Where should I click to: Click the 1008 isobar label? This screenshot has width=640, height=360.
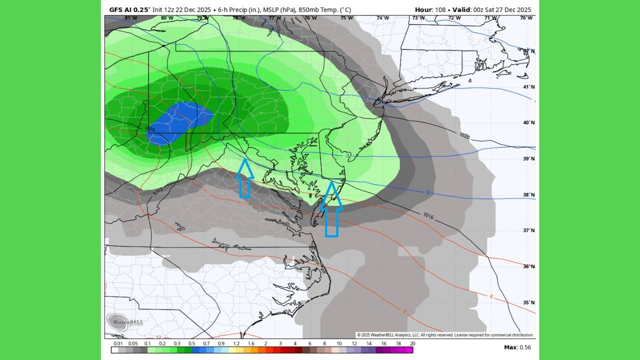point(150,129)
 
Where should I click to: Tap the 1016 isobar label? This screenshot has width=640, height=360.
point(428,215)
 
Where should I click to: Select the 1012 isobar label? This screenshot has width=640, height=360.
point(157,191)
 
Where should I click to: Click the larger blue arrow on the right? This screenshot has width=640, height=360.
point(331,210)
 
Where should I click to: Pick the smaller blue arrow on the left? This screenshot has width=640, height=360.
point(244,178)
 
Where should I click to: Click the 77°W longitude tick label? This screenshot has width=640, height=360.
point(274,18)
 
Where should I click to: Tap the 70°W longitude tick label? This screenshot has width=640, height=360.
point(525,18)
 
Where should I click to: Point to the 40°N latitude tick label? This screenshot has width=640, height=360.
point(528,123)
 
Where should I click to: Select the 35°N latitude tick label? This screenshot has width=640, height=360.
point(528,302)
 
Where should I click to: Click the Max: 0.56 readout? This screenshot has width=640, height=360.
point(517,347)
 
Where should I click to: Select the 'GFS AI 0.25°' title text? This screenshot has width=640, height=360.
point(129,9)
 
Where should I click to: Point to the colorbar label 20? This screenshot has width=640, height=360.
point(412,343)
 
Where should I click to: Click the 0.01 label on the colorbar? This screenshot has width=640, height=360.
point(118,343)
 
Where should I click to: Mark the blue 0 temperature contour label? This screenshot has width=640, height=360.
point(427,192)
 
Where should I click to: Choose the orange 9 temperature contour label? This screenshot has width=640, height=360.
point(404,311)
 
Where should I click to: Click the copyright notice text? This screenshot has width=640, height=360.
point(445,335)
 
